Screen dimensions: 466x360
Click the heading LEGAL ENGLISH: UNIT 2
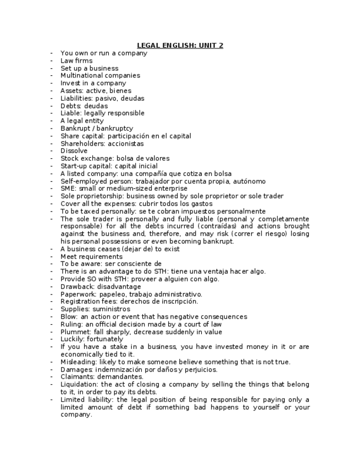tap(180, 46)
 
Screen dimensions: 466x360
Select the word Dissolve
tap(74, 151)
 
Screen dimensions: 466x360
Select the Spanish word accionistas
tap(126, 143)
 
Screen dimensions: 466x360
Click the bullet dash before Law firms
tap(51, 61)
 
